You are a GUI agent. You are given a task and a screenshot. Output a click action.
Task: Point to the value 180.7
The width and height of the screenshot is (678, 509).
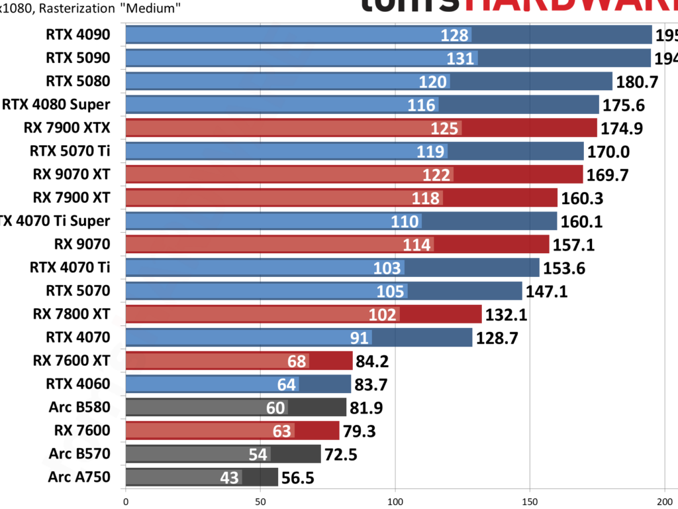click(x=638, y=82)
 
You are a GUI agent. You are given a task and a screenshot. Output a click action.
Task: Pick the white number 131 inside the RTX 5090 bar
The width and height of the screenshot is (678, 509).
click(x=460, y=58)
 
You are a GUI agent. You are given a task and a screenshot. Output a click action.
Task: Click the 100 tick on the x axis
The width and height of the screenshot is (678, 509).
click(x=395, y=501)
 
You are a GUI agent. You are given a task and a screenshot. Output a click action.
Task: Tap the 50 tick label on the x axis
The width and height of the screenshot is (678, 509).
click(x=260, y=501)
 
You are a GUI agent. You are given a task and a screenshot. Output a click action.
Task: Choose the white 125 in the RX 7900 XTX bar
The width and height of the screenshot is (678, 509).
click(x=444, y=128)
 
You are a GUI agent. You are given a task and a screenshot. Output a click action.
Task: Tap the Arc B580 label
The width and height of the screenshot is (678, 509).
click(x=79, y=407)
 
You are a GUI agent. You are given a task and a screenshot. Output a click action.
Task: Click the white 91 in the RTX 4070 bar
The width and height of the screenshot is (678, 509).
click(x=360, y=338)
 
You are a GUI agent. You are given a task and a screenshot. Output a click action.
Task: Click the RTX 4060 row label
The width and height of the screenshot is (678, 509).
click(x=77, y=384)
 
